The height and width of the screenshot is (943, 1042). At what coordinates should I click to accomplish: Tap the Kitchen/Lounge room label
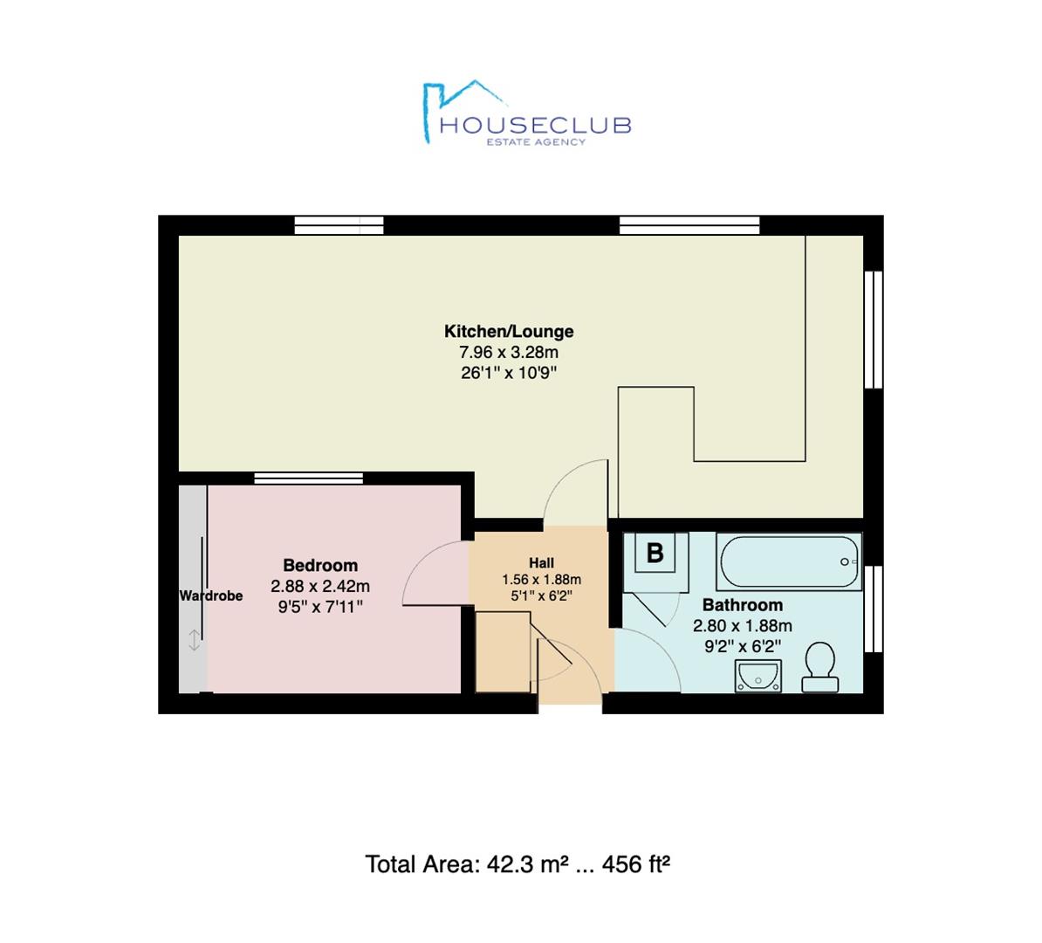[x=509, y=332]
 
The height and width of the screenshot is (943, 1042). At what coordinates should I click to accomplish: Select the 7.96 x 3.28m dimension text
[x=509, y=353]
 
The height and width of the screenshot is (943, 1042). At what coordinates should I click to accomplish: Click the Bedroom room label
[x=320, y=565]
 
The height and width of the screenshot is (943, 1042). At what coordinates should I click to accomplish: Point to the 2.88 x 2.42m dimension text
[x=320, y=586]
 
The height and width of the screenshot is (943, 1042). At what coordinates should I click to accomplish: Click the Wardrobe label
[x=210, y=595]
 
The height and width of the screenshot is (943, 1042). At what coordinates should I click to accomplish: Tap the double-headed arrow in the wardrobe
[x=194, y=641]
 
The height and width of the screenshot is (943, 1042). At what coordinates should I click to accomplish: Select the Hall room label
[x=541, y=562]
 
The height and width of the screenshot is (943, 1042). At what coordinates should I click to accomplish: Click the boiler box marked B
[x=655, y=553]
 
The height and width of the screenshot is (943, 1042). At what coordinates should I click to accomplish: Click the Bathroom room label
[x=743, y=605]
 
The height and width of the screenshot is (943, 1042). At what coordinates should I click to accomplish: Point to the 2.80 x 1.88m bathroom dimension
[x=743, y=626]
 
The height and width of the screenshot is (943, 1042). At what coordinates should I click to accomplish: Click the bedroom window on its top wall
[x=309, y=478]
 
